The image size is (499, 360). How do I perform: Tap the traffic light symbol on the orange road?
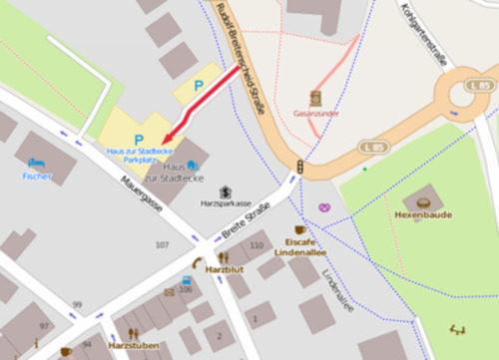(299, 168)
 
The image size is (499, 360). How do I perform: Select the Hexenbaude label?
(423, 214)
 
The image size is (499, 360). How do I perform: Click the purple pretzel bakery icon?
(324, 207)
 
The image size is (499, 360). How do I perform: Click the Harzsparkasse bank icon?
(226, 190)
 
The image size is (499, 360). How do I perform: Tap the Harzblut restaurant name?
(224, 269)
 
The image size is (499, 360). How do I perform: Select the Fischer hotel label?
(37, 176)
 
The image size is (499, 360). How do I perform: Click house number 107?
(162, 244)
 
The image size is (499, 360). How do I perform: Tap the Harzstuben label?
(134, 345)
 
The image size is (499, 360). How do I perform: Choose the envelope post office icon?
(169, 293)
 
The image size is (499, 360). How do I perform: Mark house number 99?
(77, 304)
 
